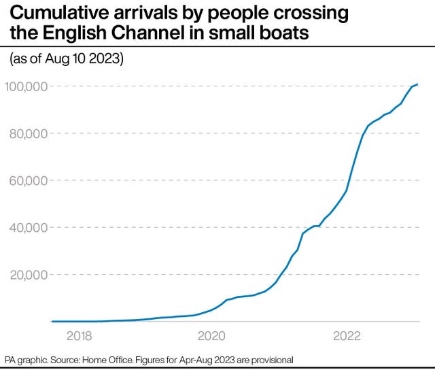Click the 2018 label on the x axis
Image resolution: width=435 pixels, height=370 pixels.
tap(79, 335)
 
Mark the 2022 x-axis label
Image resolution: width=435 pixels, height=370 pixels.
tap(347, 335)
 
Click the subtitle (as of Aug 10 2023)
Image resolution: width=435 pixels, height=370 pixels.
tap(65, 59)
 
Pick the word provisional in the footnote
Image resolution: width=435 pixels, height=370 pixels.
tap(270, 359)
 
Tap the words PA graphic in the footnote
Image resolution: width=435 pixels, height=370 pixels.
tap(27, 359)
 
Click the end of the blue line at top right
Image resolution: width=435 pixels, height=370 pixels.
tap(417, 84)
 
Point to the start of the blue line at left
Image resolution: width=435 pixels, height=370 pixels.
tap(53, 321)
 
